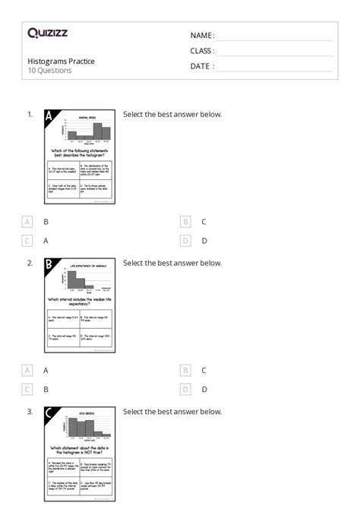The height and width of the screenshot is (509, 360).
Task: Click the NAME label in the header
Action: pyautogui.click(x=202, y=36)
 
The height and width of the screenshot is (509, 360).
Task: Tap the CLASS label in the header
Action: pyautogui.click(x=202, y=51)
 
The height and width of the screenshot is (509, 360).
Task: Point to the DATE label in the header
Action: pyautogui.click(x=202, y=66)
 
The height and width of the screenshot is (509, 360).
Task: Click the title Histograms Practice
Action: pyautogui.click(x=62, y=61)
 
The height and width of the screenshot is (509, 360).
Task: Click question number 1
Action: pyautogui.click(x=30, y=115)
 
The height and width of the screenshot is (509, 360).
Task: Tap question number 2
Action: pyautogui.click(x=30, y=264)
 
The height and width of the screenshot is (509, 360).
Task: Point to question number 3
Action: pyautogui.click(x=30, y=412)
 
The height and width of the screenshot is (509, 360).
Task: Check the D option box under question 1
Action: pyautogui.click(x=185, y=241)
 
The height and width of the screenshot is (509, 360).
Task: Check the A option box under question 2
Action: pyautogui.click(x=27, y=370)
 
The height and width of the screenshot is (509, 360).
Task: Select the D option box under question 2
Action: pyautogui.click(x=185, y=389)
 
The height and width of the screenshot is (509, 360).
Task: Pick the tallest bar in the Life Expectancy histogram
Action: pyautogui.click(x=75, y=280)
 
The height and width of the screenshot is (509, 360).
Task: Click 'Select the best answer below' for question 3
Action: pyautogui.click(x=172, y=412)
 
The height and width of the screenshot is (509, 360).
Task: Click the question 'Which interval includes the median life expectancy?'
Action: pyautogui.click(x=81, y=302)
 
